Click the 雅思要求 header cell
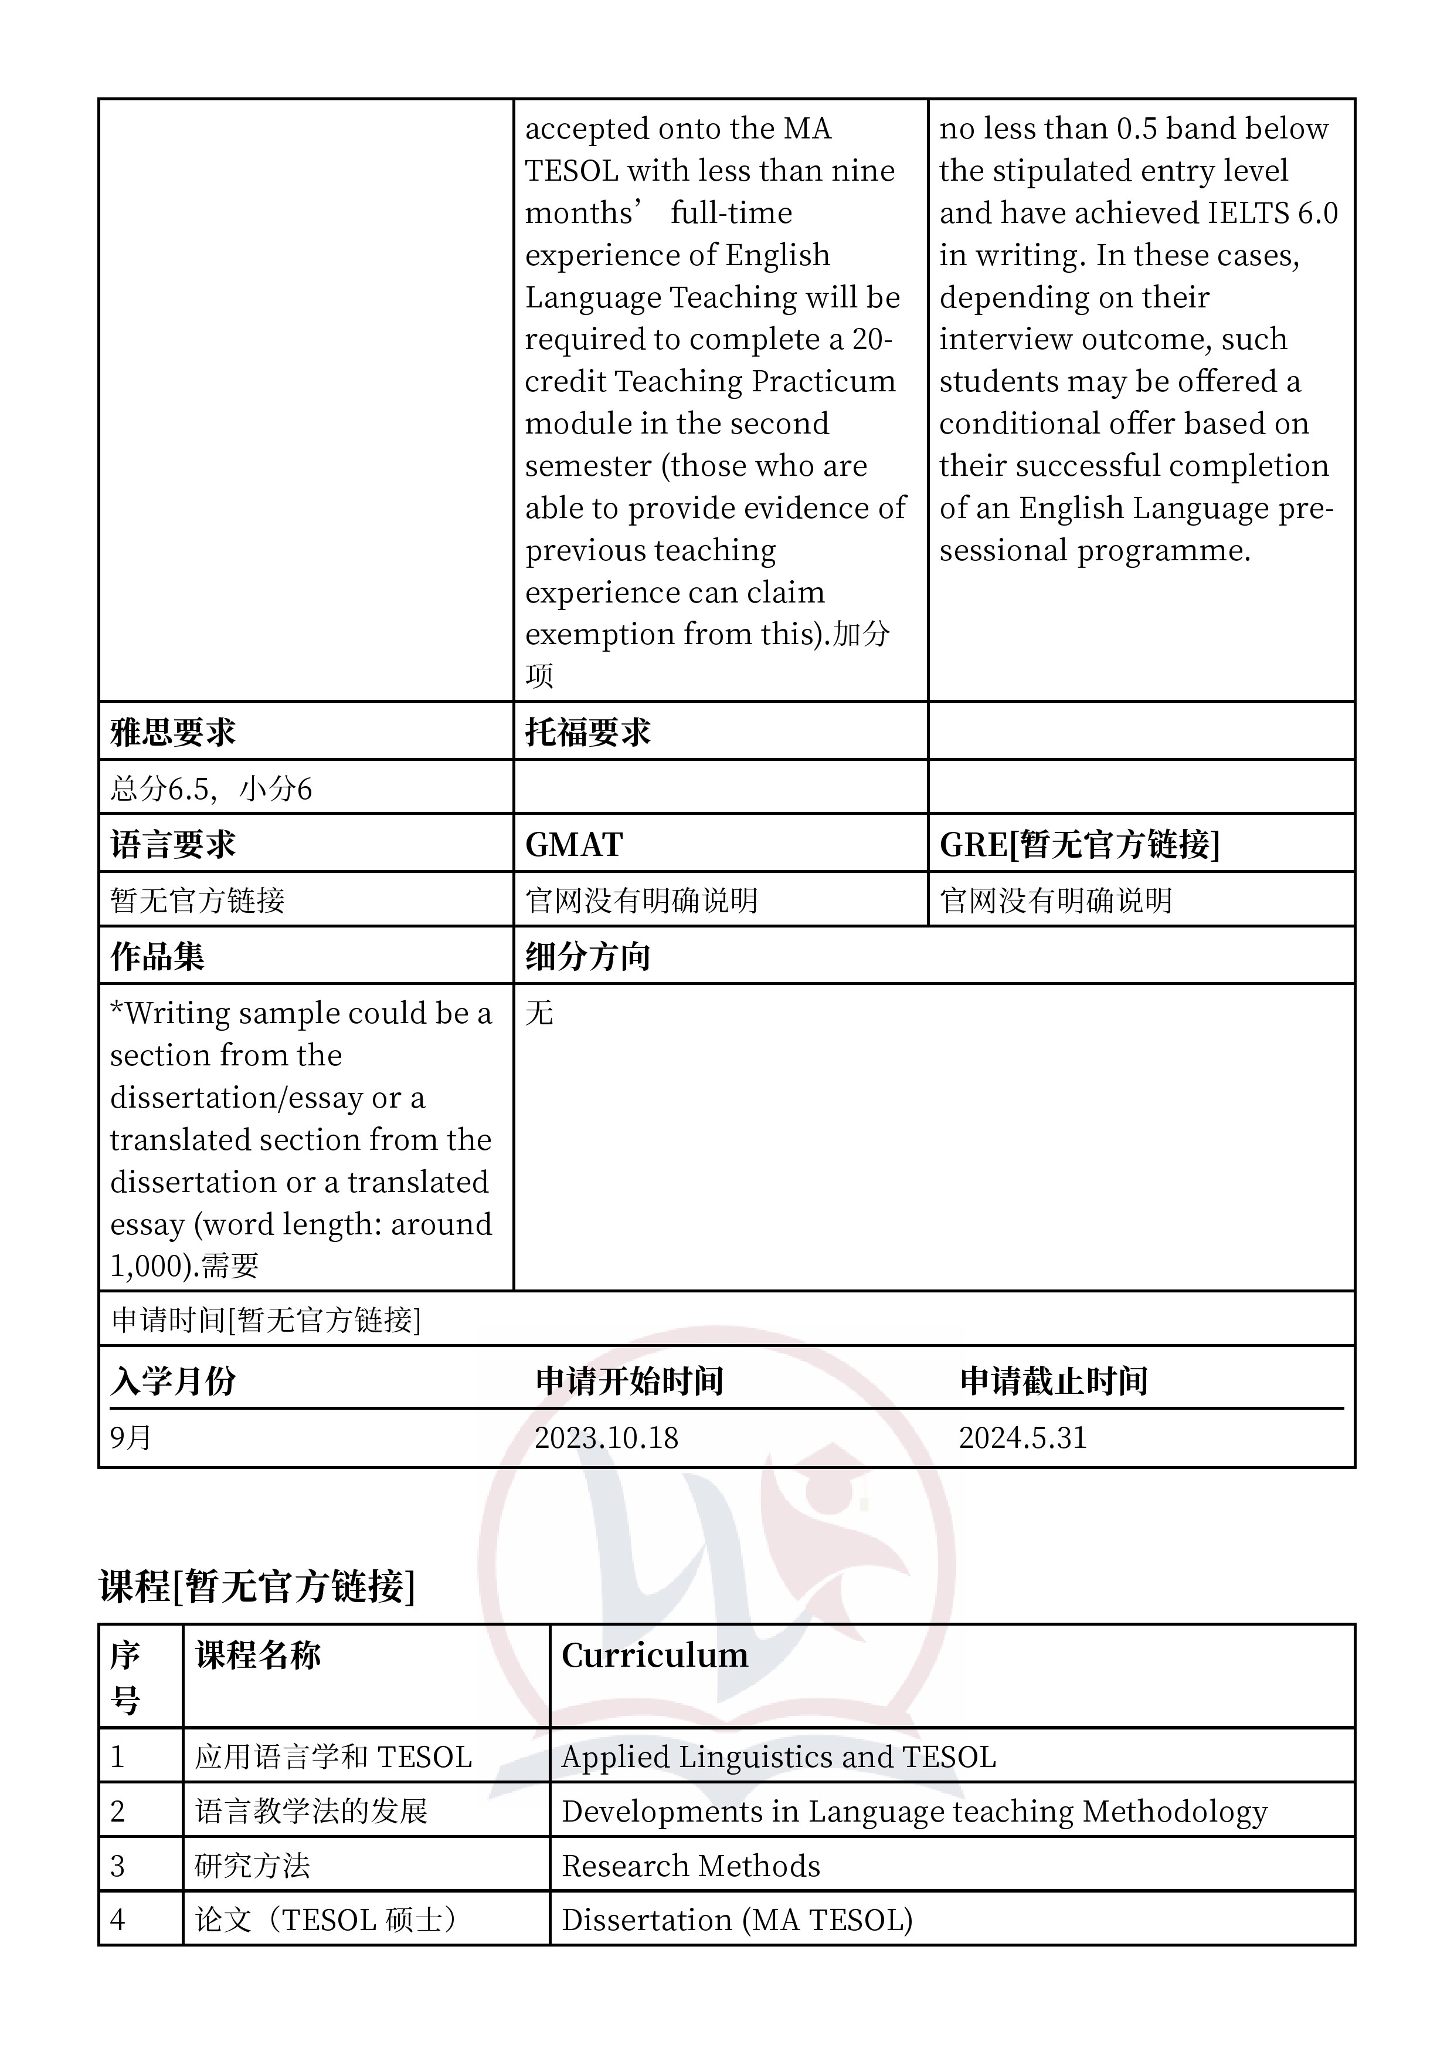[x=173, y=732]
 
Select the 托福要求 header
[x=587, y=732]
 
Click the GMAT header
[x=573, y=844]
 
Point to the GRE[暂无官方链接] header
[x=1079, y=844]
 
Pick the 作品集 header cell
[x=158, y=956]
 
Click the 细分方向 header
[x=587, y=956]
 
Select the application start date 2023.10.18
[x=606, y=1438]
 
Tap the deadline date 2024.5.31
[x=1022, y=1438]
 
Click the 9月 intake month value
[x=131, y=1438]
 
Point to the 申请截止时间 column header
[x=1054, y=1381]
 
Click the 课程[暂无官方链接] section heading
[x=257, y=1586]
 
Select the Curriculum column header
[x=655, y=1656]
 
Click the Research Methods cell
[x=691, y=1866]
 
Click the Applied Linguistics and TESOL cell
[x=779, y=1757]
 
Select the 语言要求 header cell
[x=173, y=844]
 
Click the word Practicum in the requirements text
[x=823, y=381]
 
